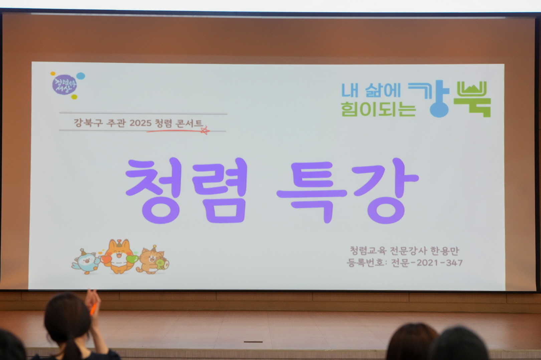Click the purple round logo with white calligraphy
64,85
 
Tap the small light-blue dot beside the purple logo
81,76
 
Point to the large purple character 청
154,191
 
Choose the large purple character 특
312,192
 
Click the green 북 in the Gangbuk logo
472,99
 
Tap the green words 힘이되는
378,109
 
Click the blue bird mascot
86,262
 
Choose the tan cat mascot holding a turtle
153,261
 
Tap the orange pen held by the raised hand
93,309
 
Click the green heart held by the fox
132,259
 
